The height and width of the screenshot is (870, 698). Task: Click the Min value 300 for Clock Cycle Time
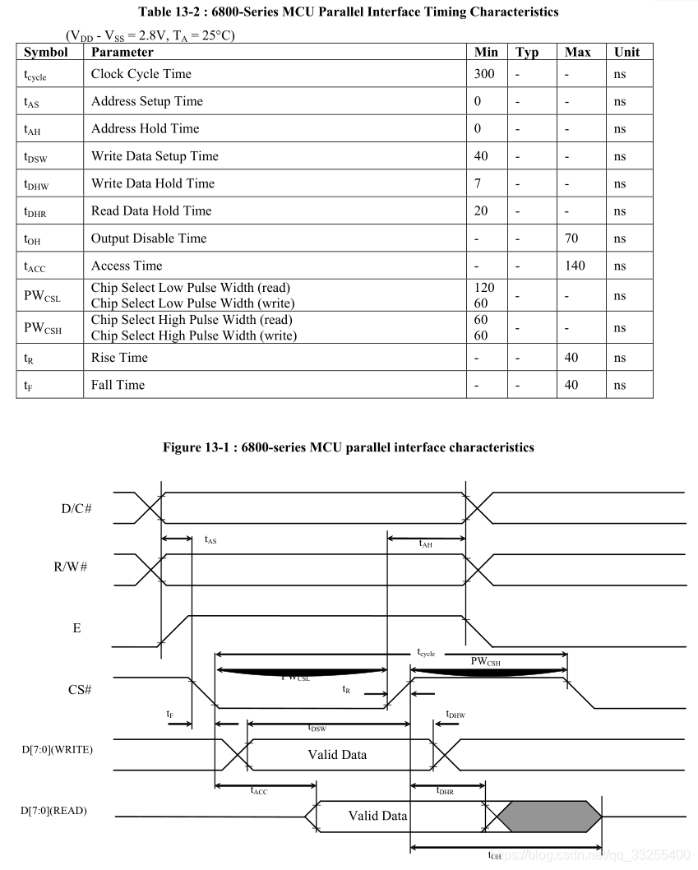pyautogui.click(x=484, y=74)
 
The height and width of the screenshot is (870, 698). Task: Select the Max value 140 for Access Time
pyautogui.click(x=575, y=266)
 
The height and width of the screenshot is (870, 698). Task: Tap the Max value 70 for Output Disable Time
pyautogui.click(x=571, y=238)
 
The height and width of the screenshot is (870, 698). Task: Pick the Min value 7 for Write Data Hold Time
pyautogui.click(x=478, y=183)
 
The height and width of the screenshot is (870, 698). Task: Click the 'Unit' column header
pyautogui.click(x=626, y=52)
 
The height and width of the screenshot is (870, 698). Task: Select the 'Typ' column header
pyautogui.click(x=527, y=52)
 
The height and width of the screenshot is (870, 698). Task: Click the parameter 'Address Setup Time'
pyautogui.click(x=147, y=101)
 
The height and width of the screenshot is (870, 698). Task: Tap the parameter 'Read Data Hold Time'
pyautogui.click(x=151, y=211)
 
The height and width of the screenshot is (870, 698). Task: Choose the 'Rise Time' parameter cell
pyautogui.click(x=119, y=358)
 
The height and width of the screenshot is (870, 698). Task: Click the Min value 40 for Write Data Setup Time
pyautogui.click(x=481, y=156)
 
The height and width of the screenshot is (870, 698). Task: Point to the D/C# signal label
pyautogui.click(x=76, y=508)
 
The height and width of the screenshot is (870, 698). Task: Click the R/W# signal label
pyautogui.click(x=72, y=567)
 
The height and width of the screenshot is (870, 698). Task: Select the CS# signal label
pyautogui.click(x=79, y=690)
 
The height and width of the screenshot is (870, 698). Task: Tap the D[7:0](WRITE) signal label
pyautogui.click(x=57, y=750)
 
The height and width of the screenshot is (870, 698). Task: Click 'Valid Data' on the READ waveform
pyautogui.click(x=377, y=816)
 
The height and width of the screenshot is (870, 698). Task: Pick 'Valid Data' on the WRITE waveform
pyautogui.click(x=337, y=754)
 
